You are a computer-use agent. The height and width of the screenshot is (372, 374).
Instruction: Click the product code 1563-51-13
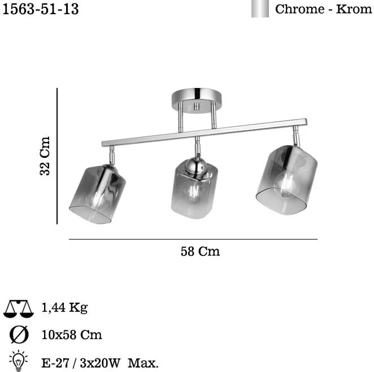tap(41, 9)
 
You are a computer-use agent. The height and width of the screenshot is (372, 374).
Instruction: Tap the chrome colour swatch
tap(260, 8)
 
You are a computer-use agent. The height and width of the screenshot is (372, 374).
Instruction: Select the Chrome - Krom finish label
tap(323, 9)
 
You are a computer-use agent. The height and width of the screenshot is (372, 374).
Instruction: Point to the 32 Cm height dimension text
tap(45, 156)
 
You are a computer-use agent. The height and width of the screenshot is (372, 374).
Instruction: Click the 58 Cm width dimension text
tap(200, 251)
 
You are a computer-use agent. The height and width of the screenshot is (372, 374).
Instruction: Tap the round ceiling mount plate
tap(197, 100)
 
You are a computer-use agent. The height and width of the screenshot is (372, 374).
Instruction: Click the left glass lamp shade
tap(97, 194)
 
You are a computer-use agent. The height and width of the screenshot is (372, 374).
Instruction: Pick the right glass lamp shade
tap(286, 180)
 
